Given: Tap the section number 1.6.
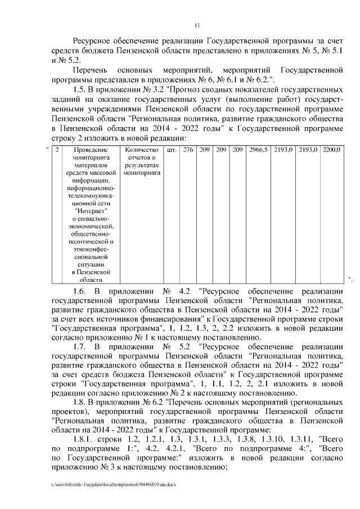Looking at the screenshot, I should coord(81,290).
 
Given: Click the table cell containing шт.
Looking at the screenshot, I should coord(171,151).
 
